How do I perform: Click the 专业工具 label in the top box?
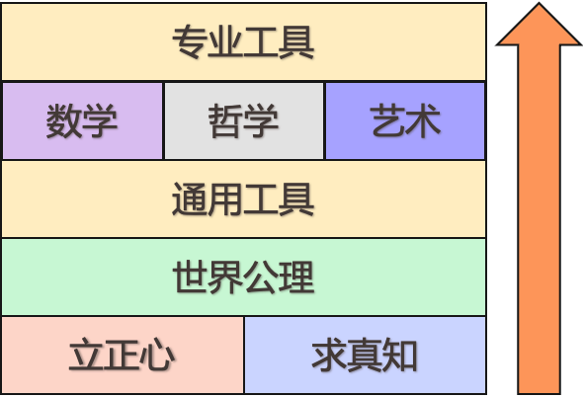[243, 41]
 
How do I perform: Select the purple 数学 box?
[82, 121]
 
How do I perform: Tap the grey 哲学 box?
[244, 121]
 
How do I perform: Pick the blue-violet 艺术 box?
[405, 121]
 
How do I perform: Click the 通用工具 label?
[243, 199]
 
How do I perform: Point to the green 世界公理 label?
[244, 278]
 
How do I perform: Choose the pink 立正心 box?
[123, 355]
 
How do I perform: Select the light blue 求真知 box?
[366, 355]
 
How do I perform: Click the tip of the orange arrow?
[539, 3]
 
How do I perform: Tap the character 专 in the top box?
[190, 41]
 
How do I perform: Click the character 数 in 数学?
[63, 121]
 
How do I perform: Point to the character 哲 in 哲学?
[225, 121]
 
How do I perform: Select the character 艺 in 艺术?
[388, 121]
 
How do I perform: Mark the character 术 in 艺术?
[424, 121]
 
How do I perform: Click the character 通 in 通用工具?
[190, 199]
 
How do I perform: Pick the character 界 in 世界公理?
[225, 278]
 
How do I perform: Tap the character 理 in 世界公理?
[296, 278]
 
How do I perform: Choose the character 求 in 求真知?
[330, 355]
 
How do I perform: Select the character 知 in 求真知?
[399, 355]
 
